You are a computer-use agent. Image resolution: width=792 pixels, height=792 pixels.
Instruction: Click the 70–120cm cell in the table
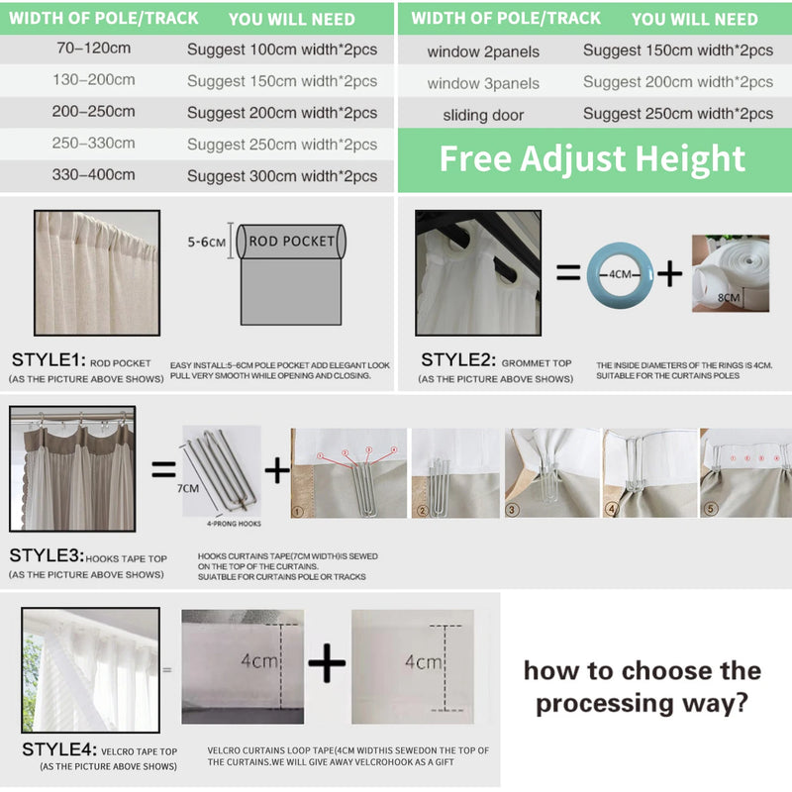[x=94, y=49]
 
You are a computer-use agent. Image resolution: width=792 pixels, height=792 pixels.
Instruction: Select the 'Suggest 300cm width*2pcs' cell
[x=282, y=176]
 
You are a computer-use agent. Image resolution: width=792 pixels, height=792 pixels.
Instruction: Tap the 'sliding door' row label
[x=483, y=115]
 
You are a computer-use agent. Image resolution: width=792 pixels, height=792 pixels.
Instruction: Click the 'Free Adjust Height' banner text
[x=592, y=158]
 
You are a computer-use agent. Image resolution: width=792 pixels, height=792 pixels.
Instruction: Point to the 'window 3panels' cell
[x=483, y=83]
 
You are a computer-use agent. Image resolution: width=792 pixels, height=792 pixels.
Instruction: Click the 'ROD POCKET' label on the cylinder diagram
[x=291, y=241]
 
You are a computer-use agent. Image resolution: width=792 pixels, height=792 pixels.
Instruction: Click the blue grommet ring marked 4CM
[x=620, y=271]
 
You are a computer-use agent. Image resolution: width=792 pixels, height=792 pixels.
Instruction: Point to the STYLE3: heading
[x=48, y=555]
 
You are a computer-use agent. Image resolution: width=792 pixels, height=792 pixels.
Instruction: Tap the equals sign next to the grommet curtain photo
[x=567, y=272]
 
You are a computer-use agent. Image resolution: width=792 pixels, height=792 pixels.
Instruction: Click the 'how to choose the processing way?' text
[x=643, y=687]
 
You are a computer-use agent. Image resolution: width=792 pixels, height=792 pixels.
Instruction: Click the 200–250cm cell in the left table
[x=94, y=113]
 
